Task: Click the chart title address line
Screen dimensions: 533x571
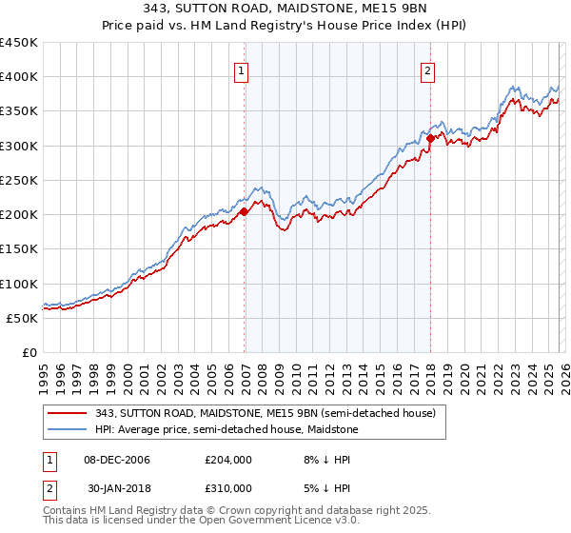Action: (x=285, y=9)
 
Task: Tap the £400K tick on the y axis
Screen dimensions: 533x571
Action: (x=19, y=77)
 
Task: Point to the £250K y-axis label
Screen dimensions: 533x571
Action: (x=19, y=180)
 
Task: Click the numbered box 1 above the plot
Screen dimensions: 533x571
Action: (x=241, y=70)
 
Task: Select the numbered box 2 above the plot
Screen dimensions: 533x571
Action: (x=427, y=70)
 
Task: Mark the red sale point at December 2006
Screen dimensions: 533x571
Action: (x=245, y=211)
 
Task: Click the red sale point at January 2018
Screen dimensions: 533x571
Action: (x=430, y=138)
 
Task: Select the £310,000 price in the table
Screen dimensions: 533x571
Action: (x=226, y=487)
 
